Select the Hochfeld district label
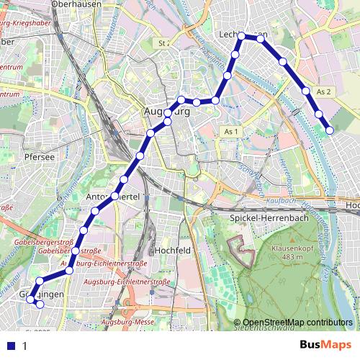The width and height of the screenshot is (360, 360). [172, 251]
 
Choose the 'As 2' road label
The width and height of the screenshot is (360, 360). [324, 91]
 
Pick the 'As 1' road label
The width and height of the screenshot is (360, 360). [230, 132]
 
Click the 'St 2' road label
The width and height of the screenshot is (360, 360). [163, 43]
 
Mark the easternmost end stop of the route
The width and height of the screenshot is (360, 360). [330, 130]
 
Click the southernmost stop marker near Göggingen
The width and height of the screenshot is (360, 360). [40, 305]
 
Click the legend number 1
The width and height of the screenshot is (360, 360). [24, 346]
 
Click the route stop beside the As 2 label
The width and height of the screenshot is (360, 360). [307, 91]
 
